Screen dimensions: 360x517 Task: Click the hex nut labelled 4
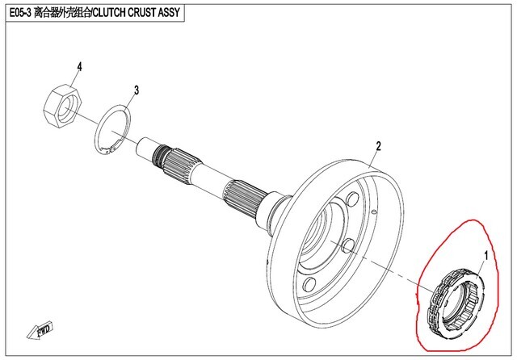pyautogui.click(x=61, y=106)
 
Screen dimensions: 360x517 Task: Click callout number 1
pyautogui.click(x=485, y=256)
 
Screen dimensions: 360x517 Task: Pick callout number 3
pyautogui.click(x=137, y=90)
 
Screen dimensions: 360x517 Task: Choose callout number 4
pyautogui.click(x=79, y=66)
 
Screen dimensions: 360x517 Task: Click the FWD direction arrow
pyautogui.click(x=41, y=330)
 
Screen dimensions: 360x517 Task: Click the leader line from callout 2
pyautogui.click(x=371, y=157)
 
